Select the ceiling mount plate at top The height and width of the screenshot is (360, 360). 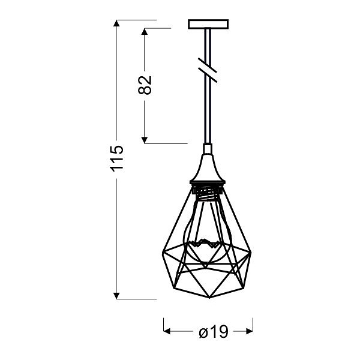(x=208, y=25)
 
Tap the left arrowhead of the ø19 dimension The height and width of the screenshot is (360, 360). (x=169, y=331)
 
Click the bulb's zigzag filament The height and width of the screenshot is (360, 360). (x=203, y=244)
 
